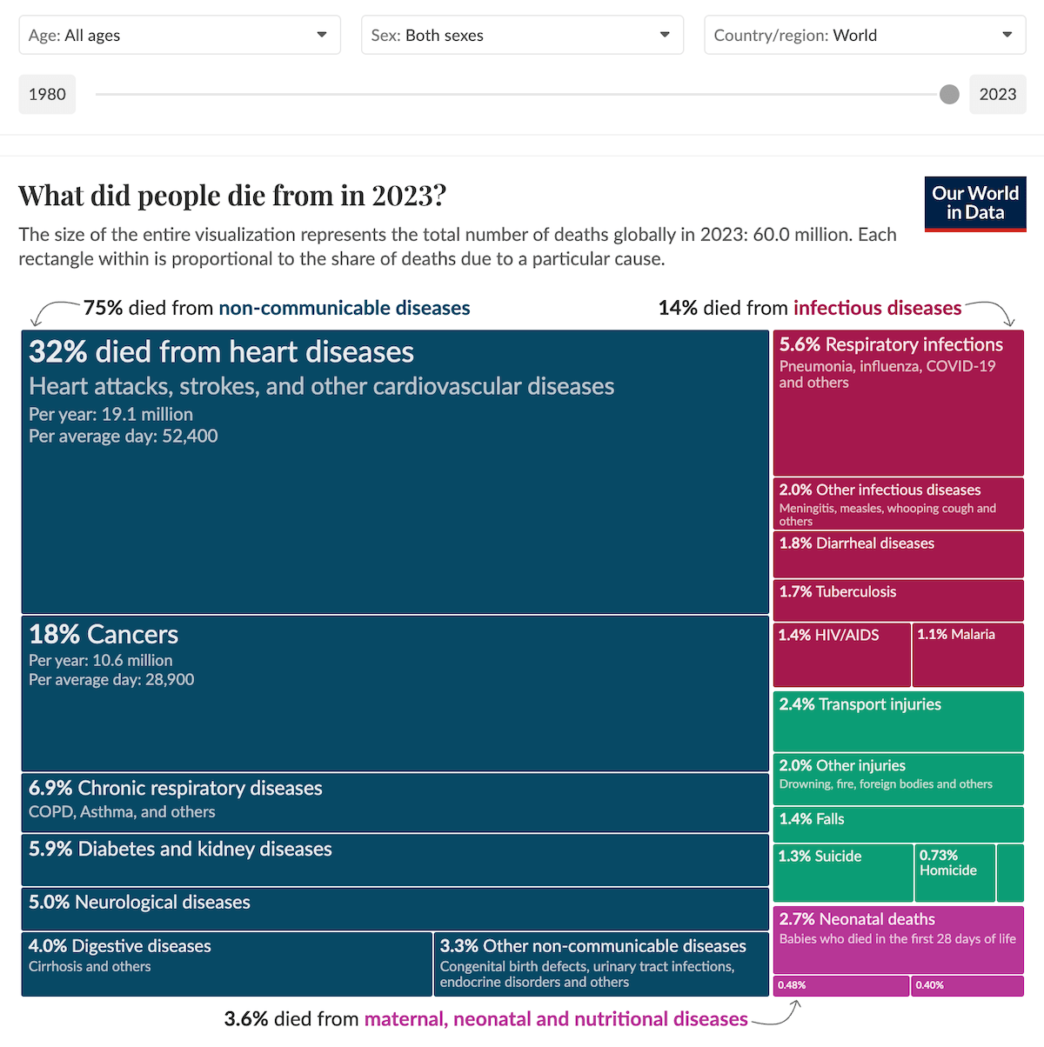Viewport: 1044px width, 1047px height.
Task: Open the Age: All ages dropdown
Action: click(x=179, y=36)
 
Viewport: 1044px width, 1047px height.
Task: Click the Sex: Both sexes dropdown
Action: click(x=522, y=36)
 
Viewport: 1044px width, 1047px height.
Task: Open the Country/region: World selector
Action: click(x=865, y=36)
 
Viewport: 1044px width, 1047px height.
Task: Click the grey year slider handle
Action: click(x=949, y=95)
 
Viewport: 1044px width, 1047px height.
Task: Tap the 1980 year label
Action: click(x=47, y=95)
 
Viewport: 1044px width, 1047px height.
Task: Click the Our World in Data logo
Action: click(x=974, y=203)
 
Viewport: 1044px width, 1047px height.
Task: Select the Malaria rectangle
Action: click(x=967, y=655)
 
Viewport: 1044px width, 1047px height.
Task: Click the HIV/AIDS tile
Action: click(x=841, y=655)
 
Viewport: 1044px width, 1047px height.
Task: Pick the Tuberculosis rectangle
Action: click(x=898, y=600)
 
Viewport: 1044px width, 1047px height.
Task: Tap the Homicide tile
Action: click(x=954, y=872)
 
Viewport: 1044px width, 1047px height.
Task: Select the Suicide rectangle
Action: click(x=842, y=872)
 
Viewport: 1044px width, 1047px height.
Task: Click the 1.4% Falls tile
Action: click(x=898, y=824)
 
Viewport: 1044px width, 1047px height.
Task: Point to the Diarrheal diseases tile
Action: click(x=898, y=554)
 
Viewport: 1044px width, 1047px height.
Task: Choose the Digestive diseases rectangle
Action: click(x=226, y=964)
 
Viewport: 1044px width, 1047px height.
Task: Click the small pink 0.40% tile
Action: click(x=967, y=985)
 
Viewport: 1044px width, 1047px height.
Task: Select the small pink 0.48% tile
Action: click(x=840, y=985)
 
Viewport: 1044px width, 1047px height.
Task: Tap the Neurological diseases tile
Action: click(x=394, y=909)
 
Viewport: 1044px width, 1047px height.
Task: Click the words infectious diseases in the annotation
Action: click(x=877, y=308)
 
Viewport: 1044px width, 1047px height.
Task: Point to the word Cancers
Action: click(x=132, y=634)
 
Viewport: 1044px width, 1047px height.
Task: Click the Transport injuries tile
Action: click(x=898, y=720)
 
